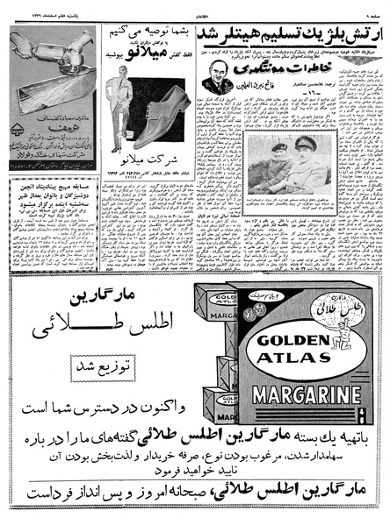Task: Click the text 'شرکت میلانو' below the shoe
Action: point(146,165)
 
